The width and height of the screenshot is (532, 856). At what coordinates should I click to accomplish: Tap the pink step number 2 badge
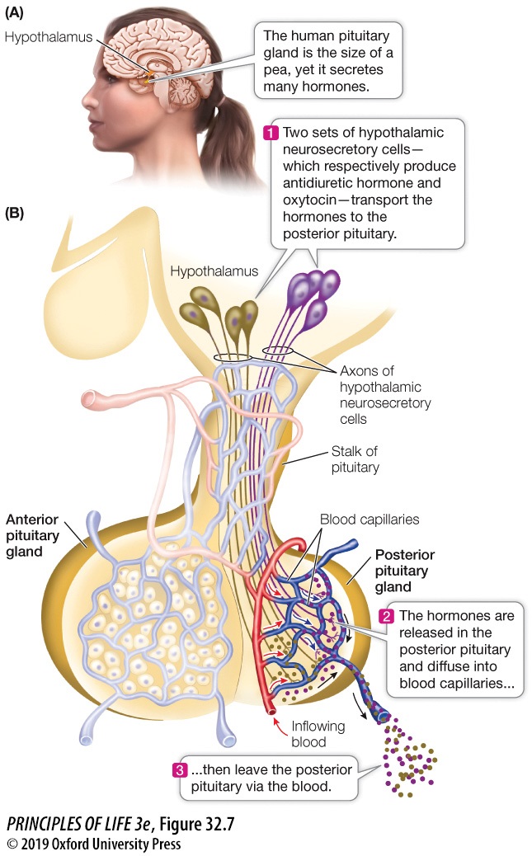point(384,616)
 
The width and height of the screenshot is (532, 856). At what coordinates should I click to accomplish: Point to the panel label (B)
point(16,213)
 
